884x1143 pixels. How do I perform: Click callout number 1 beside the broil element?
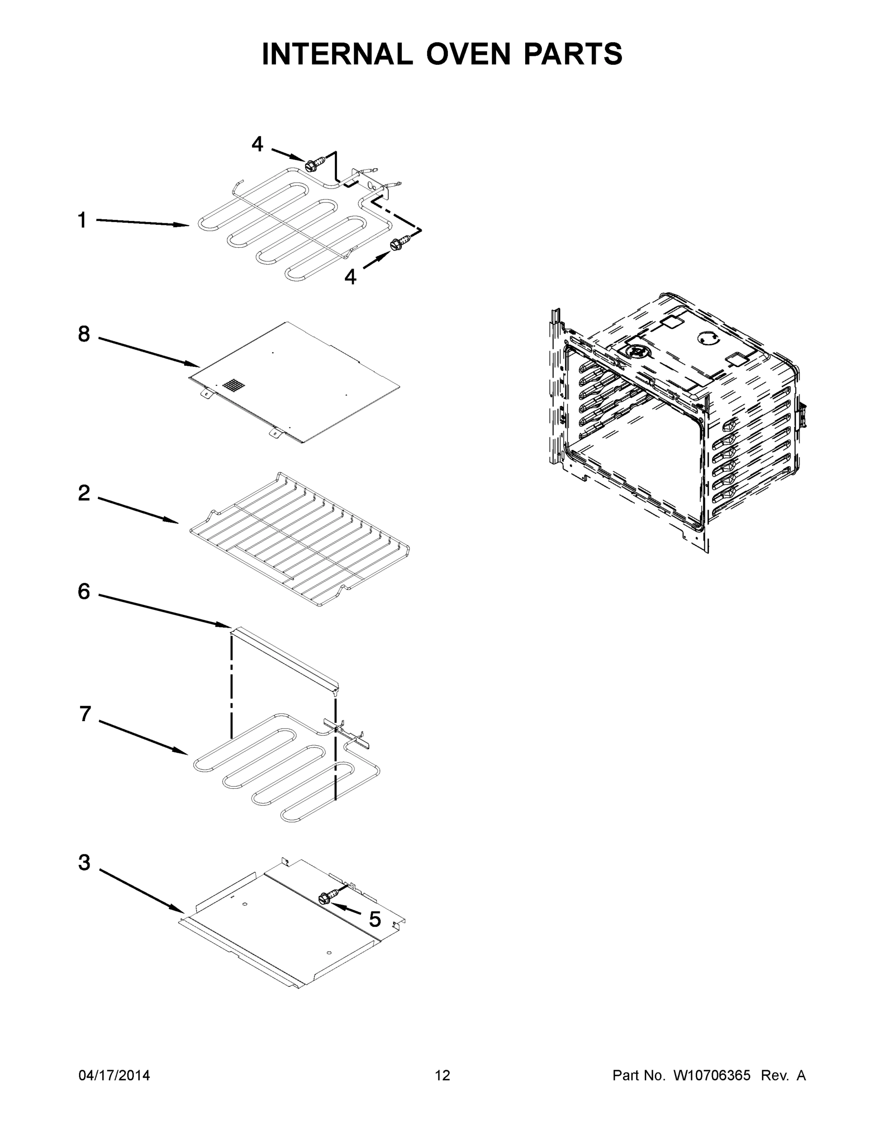[x=82, y=221]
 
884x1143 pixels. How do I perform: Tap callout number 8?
[x=84, y=334]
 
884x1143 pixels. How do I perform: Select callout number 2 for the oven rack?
[x=84, y=493]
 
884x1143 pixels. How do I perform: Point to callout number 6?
[x=84, y=592]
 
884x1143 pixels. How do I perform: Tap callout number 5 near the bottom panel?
[x=375, y=919]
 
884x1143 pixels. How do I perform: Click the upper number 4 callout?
[x=257, y=144]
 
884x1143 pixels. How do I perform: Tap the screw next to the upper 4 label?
[x=314, y=164]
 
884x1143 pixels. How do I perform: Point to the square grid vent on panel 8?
[x=234, y=386]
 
